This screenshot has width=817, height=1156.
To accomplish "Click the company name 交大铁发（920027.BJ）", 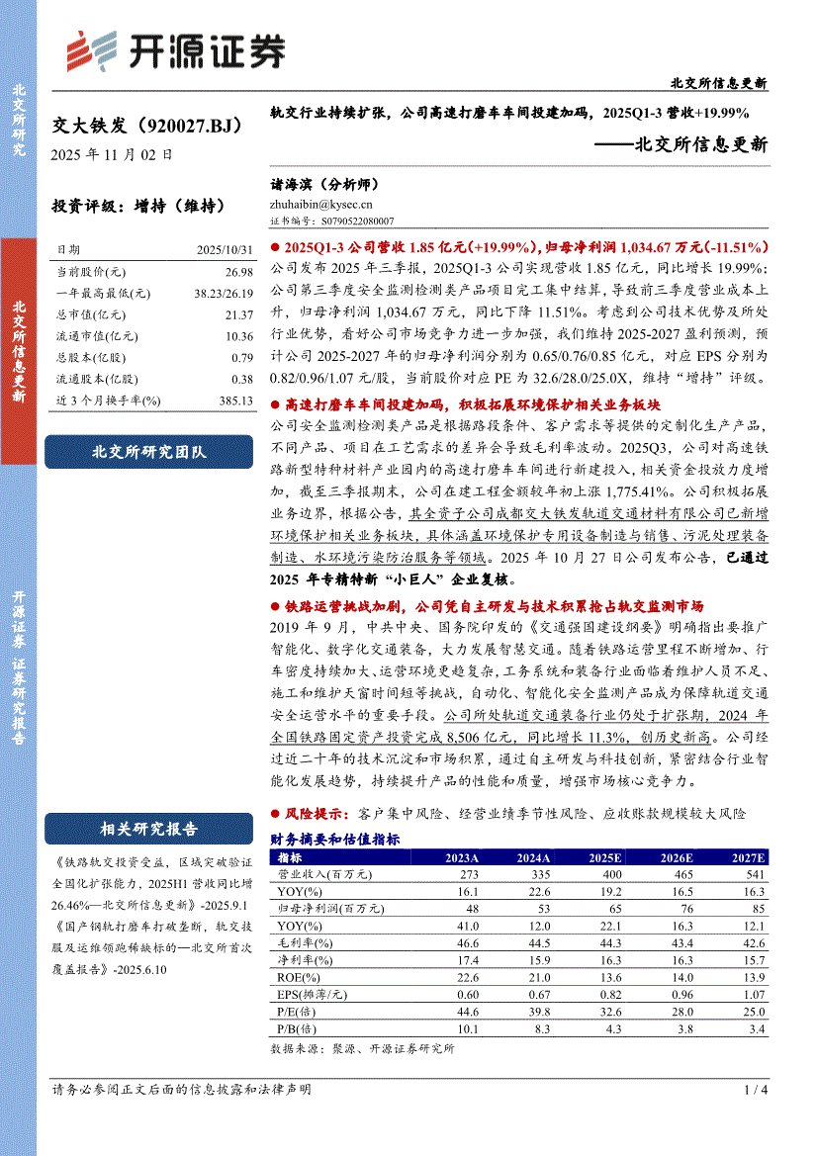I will pyautogui.click(x=146, y=126).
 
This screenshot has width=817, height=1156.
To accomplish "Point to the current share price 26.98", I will pyautogui.click(x=239, y=272).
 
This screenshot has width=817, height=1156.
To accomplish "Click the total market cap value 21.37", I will pyautogui.click(x=239, y=314).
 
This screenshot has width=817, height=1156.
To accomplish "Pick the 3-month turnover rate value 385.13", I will pyautogui.click(x=235, y=400).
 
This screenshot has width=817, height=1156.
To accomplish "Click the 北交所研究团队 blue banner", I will pyautogui.click(x=149, y=452).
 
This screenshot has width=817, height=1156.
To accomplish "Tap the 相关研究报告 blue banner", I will pyautogui.click(x=149, y=829).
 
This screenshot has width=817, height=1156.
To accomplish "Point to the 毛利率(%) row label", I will pyautogui.click(x=303, y=943).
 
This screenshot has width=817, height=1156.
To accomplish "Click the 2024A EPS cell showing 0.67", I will pyautogui.click(x=534, y=995).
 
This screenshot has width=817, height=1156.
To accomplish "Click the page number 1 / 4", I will pyautogui.click(x=755, y=1090).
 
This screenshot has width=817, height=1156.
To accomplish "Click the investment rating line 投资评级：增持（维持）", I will pyautogui.click(x=137, y=208).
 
